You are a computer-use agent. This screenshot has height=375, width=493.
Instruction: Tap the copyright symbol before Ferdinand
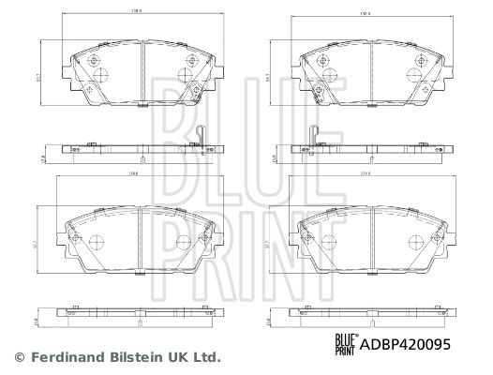tap(20, 357)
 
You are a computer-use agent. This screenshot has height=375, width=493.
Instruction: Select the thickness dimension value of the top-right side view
tap(272, 158)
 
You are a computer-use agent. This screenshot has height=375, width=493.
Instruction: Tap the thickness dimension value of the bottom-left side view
tap(37, 322)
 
